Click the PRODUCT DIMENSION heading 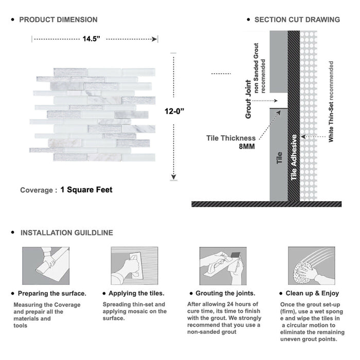[x=58, y=20]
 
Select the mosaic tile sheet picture [x=92, y=114]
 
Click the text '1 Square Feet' [x=86, y=190]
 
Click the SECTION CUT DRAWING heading [x=297, y=20]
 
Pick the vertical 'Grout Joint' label [x=248, y=99]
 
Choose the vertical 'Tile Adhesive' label [x=294, y=157]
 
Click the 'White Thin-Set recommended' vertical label [x=331, y=101]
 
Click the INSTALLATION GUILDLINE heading [x=66, y=233]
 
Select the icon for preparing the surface [x=45, y=266]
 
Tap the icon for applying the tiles [x=133, y=266]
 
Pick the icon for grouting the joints [x=221, y=266]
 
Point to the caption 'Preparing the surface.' [x=52, y=293]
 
